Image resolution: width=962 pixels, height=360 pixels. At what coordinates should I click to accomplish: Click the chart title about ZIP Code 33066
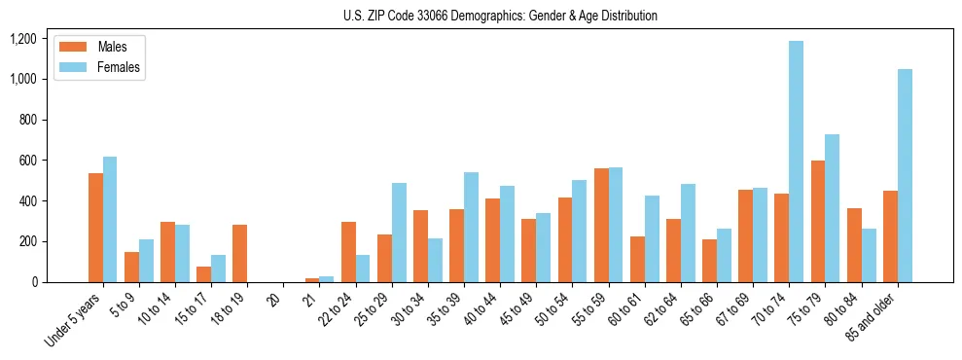[x=500, y=16]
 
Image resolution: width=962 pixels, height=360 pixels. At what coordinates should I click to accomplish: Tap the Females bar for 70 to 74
[x=797, y=162]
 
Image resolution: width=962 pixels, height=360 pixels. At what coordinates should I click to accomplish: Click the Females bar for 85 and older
[x=905, y=175]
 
